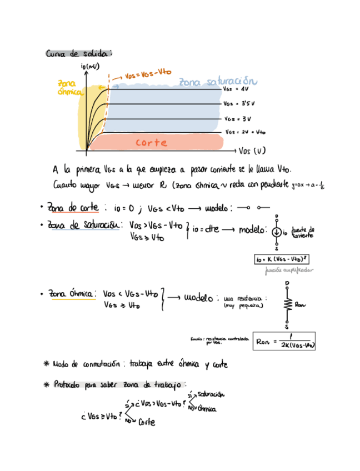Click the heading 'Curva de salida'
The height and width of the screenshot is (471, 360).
coord(78,54)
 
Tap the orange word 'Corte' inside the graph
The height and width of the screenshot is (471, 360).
coord(151,143)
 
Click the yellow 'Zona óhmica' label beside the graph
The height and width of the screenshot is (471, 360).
coord(71,88)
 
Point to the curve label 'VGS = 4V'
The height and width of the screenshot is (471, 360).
coord(236,88)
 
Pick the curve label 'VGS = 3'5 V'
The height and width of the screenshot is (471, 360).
coord(239,103)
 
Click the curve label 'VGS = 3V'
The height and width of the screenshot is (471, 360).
coord(238,118)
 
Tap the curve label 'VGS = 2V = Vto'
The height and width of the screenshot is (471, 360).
coord(246,132)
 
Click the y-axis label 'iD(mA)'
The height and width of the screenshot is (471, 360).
coord(90,67)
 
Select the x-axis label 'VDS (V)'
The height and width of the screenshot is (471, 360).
coord(252,151)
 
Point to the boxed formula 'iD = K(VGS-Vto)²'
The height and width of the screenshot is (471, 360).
coord(282,259)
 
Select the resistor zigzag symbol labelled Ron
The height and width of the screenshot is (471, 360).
coord(287,304)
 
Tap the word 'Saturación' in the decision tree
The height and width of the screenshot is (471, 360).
coord(211,394)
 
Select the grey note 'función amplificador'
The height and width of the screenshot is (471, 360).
coord(289,270)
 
